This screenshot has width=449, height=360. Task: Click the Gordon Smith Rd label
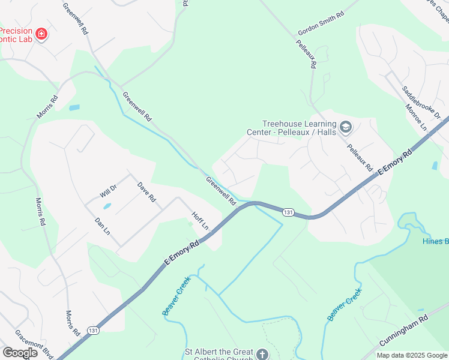coord(321,24)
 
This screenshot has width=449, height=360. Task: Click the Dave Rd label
coord(146,191)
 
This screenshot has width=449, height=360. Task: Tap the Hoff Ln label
coord(200,220)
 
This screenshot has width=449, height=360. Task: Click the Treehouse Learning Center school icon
coord(345,127)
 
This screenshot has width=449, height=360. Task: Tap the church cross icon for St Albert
coord(262,355)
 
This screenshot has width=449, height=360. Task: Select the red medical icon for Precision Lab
coord(41,34)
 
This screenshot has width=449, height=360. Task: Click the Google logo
coord(20,352)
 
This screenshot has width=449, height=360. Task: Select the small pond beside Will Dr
coord(107,206)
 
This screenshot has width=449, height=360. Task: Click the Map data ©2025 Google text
coord(411,355)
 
